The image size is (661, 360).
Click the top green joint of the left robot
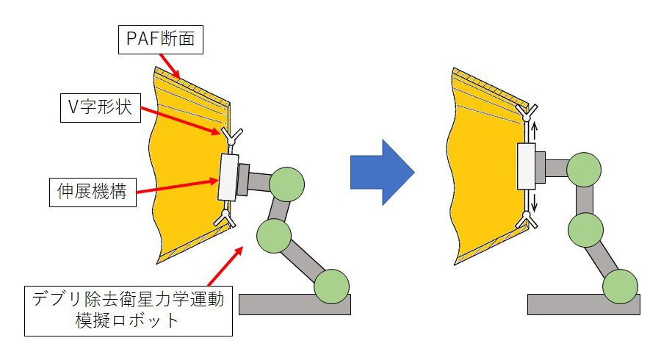coord(286,184)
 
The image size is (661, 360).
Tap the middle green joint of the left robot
coord(274,235)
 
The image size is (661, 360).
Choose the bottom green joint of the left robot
coord(331,287)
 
